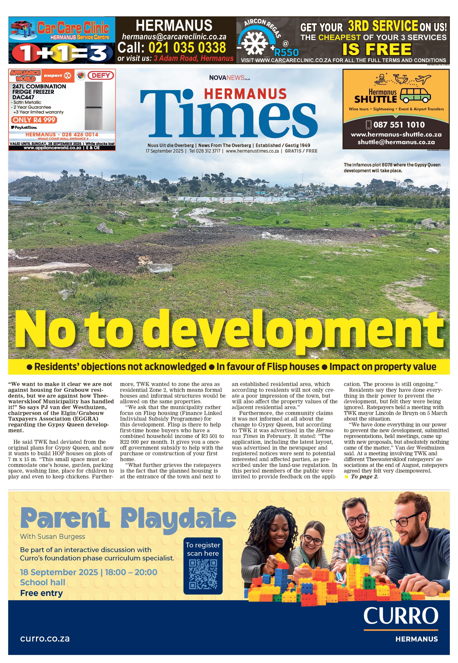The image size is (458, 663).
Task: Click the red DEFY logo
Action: (x=101, y=76)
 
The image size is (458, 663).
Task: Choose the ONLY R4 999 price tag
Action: (x=34, y=120)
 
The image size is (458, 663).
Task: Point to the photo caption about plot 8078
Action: (x=392, y=167)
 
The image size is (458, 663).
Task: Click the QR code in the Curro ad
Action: (x=203, y=574)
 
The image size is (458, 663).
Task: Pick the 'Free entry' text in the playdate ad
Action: (x=41, y=593)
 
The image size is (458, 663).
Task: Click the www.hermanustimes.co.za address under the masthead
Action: (x=252, y=151)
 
